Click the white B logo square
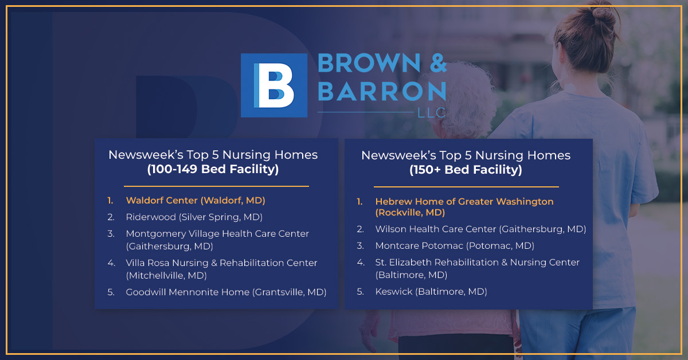point(274,85)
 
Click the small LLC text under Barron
point(432,113)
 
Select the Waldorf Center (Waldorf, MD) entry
point(196,201)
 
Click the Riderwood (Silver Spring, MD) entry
point(194,217)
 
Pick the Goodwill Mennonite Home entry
point(226,292)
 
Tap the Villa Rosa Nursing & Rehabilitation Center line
point(221,263)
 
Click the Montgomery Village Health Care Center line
point(217,234)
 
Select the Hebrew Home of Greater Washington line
point(464,202)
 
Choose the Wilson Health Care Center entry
point(480,229)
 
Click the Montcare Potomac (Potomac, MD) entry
point(455,246)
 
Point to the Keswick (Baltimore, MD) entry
point(431,292)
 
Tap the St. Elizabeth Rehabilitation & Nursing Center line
point(477,263)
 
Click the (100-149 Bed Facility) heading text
point(213,169)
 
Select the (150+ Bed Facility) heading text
point(466,170)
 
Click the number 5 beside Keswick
point(360,292)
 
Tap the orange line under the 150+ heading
point(466,187)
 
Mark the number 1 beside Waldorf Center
point(110,201)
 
